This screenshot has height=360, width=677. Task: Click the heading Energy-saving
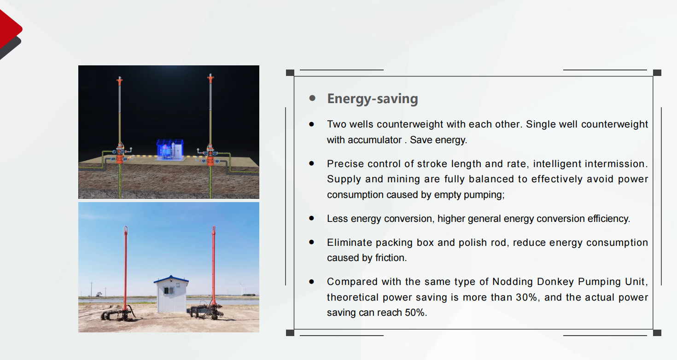372,99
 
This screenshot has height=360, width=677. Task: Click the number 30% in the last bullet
527,297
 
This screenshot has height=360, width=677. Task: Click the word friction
391,258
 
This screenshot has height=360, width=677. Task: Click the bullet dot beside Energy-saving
313,98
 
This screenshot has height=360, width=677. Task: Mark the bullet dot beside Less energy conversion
312,218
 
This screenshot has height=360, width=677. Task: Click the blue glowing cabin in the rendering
170,149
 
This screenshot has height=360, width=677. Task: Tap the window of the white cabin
169,290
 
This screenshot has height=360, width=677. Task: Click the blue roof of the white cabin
171,279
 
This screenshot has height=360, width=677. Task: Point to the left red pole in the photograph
126,269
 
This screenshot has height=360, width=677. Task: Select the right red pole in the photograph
214,266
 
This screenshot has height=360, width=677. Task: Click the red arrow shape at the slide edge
9,29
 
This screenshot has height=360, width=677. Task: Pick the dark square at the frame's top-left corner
290,73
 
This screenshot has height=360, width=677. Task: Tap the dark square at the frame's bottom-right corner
657,332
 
